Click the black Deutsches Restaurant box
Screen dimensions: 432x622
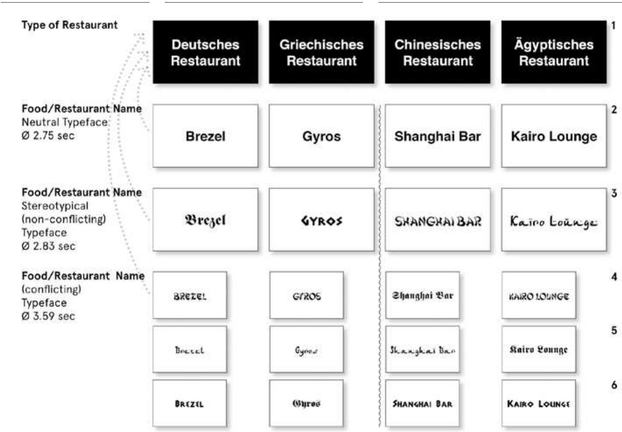(x=205, y=52)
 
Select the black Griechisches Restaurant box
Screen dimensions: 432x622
(x=321, y=52)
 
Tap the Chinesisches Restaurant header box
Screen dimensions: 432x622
(x=438, y=52)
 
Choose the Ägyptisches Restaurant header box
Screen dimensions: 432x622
(x=554, y=52)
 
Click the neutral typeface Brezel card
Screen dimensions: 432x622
(x=205, y=136)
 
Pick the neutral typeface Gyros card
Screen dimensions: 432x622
(x=321, y=136)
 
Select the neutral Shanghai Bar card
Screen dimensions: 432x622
(x=438, y=136)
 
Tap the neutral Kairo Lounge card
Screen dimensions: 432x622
(x=554, y=136)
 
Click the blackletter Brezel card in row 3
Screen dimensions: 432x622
(x=205, y=220)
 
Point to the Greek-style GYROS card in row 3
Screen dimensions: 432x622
(x=321, y=220)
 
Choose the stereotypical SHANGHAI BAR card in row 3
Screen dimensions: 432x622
(x=438, y=220)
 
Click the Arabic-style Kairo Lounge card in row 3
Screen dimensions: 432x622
(x=554, y=220)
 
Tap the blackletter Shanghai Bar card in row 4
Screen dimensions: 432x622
(x=422, y=296)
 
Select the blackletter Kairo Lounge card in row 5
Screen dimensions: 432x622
(x=539, y=349)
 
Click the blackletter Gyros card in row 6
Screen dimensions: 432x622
(x=306, y=404)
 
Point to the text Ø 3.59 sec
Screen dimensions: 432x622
(x=48, y=316)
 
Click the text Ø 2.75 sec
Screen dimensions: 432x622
(x=48, y=135)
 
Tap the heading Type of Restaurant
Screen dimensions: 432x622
(x=69, y=25)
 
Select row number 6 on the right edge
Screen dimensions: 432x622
(x=614, y=385)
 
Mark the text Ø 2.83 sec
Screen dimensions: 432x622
(x=48, y=246)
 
